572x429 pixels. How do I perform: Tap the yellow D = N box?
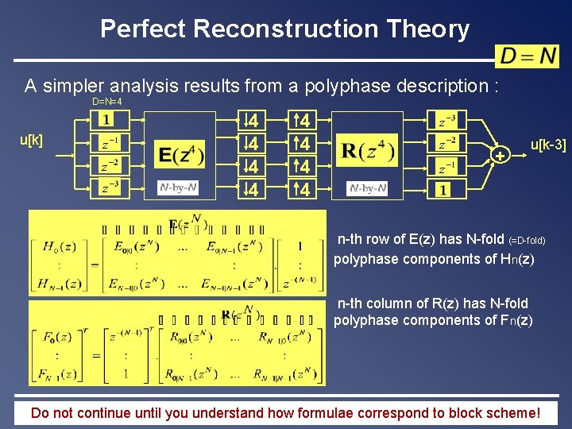(528, 56)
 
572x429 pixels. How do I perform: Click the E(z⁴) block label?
(181, 154)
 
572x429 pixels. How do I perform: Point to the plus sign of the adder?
(500, 156)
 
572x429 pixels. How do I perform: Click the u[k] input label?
(31, 140)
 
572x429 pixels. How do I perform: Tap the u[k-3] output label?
(548, 145)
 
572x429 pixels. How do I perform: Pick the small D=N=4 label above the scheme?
(106, 102)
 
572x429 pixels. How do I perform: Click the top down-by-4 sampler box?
(253, 121)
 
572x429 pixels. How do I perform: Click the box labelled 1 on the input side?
(105, 120)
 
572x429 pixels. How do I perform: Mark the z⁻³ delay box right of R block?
(447, 121)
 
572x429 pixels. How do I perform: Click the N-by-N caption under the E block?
(178, 188)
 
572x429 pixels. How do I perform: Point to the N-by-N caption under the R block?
(368, 188)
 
